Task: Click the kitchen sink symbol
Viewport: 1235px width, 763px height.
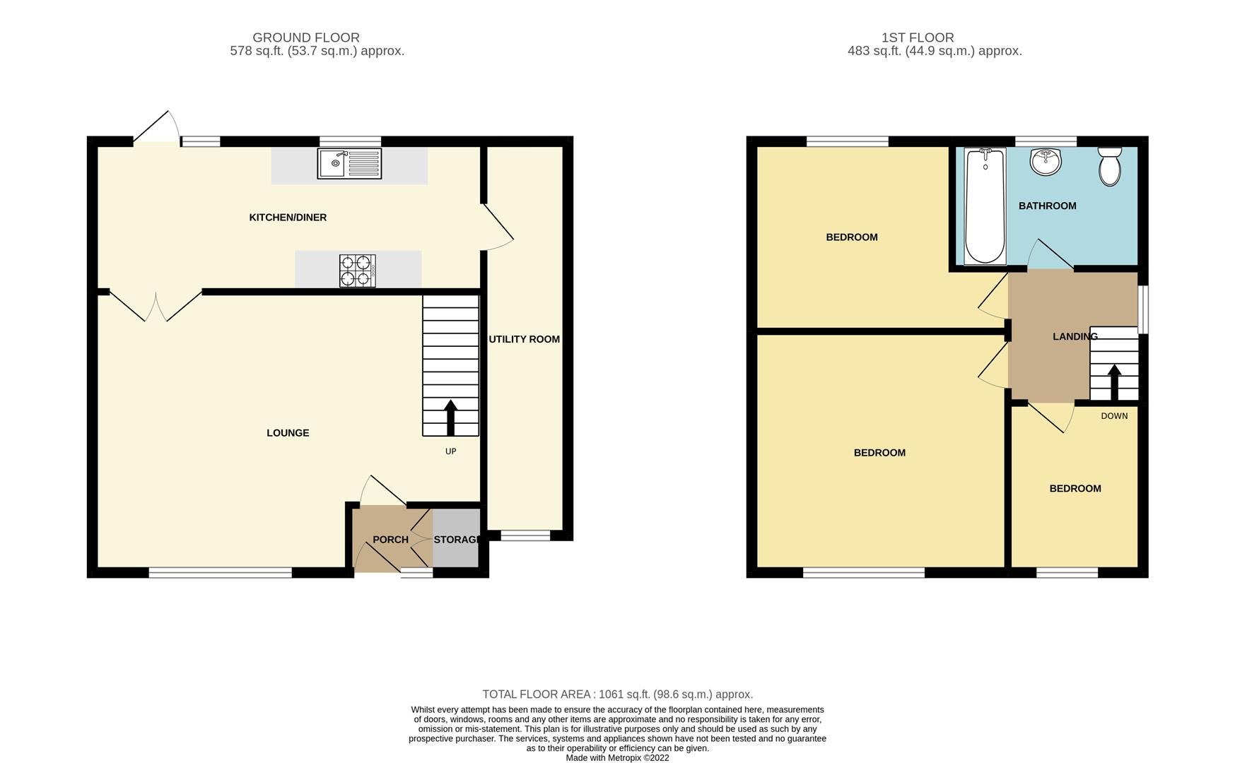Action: click(x=349, y=163)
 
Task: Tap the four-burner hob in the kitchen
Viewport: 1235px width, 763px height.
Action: click(x=357, y=271)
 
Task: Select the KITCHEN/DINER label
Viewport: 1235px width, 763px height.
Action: click(x=288, y=218)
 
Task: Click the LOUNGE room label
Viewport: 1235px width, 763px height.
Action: click(x=288, y=433)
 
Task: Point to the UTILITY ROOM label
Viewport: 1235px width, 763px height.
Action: click(x=525, y=339)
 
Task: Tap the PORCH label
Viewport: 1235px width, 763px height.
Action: click(x=390, y=540)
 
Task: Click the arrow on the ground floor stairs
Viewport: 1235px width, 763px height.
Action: click(x=450, y=417)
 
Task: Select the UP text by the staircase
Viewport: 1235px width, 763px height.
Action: click(x=450, y=451)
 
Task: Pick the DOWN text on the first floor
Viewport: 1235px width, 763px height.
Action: click(x=1114, y=416)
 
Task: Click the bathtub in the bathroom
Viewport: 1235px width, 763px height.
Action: click(x=985, y=205)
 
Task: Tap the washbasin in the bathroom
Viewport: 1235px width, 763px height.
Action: click(x=1046, y=162)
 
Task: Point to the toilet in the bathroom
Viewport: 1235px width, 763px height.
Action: click(x=1110, y=167)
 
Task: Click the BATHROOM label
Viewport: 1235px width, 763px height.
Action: click(x=1047, y=206)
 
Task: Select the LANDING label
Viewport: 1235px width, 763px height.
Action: click(x=1075, y=337)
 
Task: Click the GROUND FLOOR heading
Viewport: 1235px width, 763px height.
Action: click(x=306, y=37)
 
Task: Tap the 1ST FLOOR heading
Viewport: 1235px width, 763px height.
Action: click(x=918, y=37)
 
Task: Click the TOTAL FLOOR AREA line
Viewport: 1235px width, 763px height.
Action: click(x=617, y=694)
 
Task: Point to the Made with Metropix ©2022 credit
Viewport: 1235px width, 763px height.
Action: click(x=617, y=758)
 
